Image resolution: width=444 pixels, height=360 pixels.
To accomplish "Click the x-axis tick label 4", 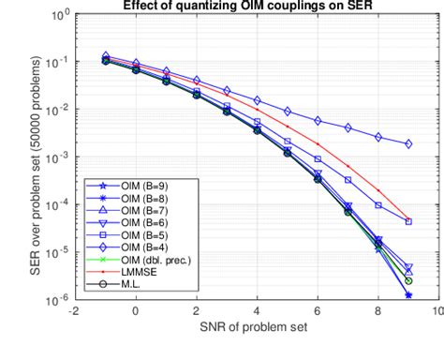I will [257, 314].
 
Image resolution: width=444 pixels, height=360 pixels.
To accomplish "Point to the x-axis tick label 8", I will [377, 314].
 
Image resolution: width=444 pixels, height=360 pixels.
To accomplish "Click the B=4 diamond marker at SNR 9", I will [408, 144].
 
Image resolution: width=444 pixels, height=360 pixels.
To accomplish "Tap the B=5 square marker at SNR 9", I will [408, 221].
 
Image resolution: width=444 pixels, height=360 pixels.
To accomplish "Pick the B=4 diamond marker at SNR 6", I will [318, 121].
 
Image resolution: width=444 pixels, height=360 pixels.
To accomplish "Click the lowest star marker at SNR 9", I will [408, 295].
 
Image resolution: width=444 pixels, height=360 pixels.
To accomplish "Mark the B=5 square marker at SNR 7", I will [348, 180].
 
